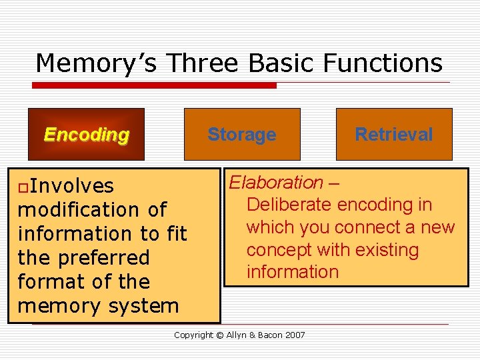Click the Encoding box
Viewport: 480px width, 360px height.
pyautogui.click(x=87, y=134)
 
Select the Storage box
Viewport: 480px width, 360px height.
pyautogui.click(x=242, y=134)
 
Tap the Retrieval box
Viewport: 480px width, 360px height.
pyautogui.click(x=394, y=134)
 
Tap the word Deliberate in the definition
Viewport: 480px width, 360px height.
pyautogui.click(x=290, y=205)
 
